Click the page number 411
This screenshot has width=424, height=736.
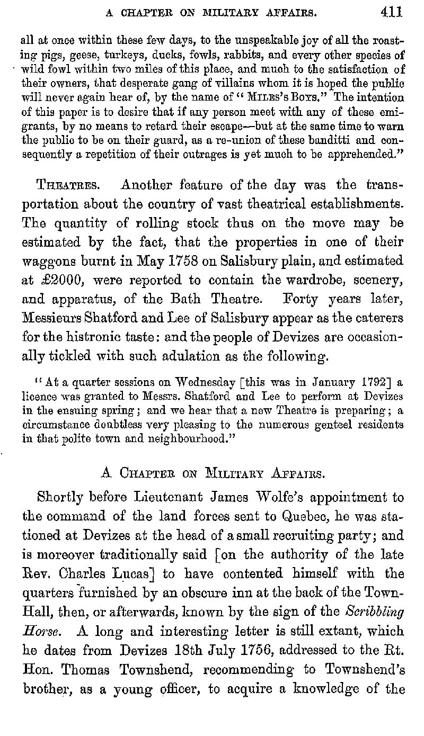pyautogui.click(x=391, y=12)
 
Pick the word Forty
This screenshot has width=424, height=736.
pyautogui.click(x=302, y=299)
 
